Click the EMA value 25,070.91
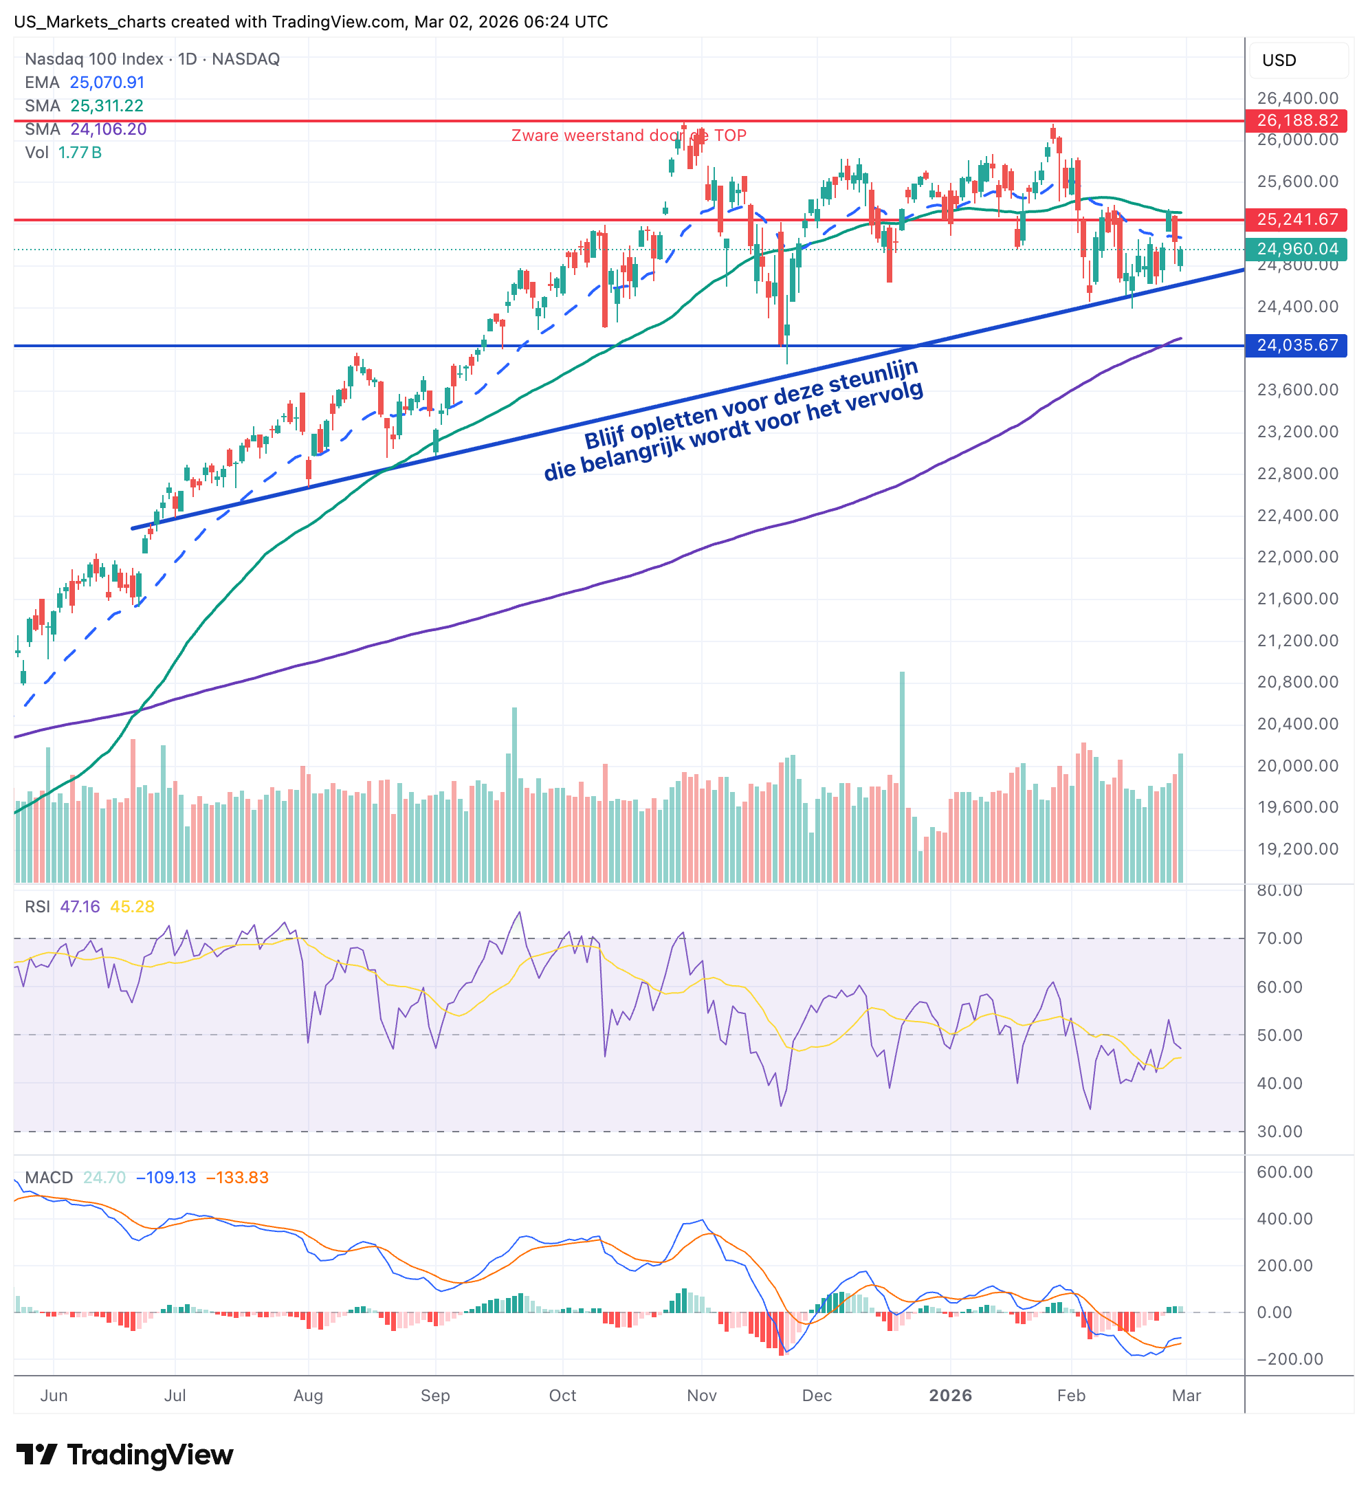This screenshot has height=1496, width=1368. (107, 82)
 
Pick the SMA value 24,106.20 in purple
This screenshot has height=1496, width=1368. (109, 129)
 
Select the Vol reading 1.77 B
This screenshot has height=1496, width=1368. (80, 153)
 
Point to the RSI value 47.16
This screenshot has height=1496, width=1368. (79, 907)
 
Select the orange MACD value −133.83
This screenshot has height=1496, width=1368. (236, 1178)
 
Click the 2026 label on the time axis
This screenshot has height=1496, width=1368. (950, 1396)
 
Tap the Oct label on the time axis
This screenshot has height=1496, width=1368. (562, 1396)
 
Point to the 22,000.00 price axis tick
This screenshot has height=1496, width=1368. (1297, 558)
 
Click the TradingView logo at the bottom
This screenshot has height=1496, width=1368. (124, 1455)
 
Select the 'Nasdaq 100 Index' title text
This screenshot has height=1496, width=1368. (94, 59)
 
